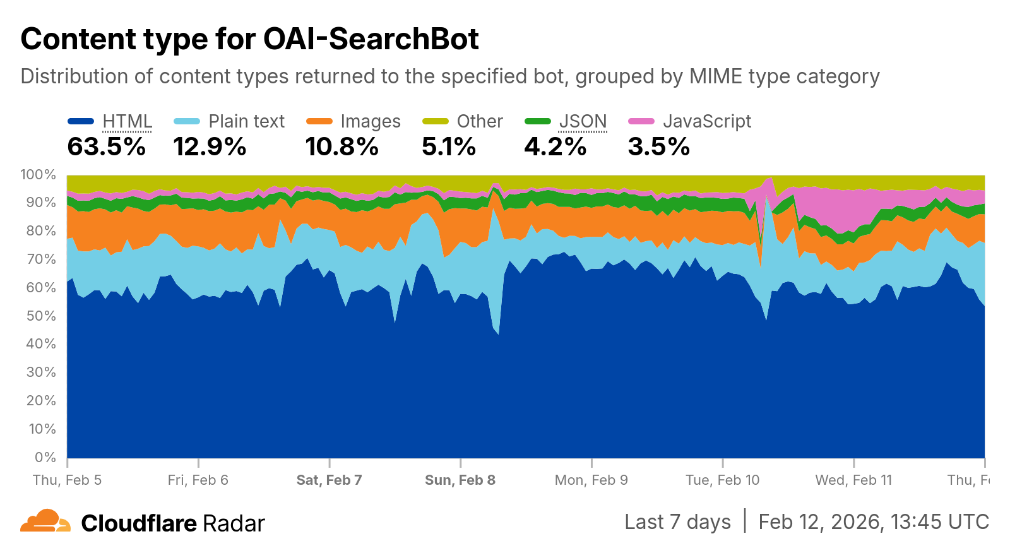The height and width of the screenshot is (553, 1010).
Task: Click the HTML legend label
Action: pos(127,121)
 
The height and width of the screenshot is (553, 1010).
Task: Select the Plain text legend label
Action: pos(246,121)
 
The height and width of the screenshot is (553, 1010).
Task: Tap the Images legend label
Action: pos(370,121)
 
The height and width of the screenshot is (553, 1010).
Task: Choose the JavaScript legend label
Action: pos(707,121)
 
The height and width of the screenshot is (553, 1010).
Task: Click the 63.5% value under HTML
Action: pos(107,147)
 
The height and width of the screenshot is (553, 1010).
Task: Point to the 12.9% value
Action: pos(210,147)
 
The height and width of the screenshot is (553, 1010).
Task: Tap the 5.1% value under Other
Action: pos(449,147)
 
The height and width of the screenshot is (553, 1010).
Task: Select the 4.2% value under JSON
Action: pos(555,147)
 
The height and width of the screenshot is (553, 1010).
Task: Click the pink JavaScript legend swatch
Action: pos(641,121)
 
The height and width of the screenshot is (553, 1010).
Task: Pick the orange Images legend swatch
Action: pos(319,121)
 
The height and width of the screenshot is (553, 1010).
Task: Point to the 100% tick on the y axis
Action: pos(39,175)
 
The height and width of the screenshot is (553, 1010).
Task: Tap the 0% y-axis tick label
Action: pos(45,457)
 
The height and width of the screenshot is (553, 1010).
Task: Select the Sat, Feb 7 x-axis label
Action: pos(329,480)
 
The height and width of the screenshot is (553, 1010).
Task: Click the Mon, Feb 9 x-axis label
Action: pos(591,480)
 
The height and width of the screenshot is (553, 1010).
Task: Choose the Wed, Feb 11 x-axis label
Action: pos(853,480)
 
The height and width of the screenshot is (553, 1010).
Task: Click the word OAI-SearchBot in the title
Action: pos(371,39)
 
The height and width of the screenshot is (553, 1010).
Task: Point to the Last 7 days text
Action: pos(677,522)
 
